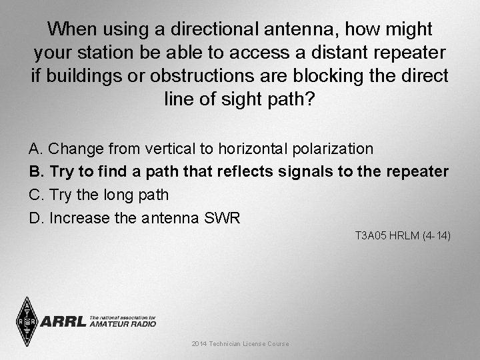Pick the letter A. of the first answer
37,147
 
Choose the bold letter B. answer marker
37,171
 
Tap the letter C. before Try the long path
37,195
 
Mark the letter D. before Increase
37,218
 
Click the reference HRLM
407,235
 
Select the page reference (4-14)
437,235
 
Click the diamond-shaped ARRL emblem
26,321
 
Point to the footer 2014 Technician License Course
240,343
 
